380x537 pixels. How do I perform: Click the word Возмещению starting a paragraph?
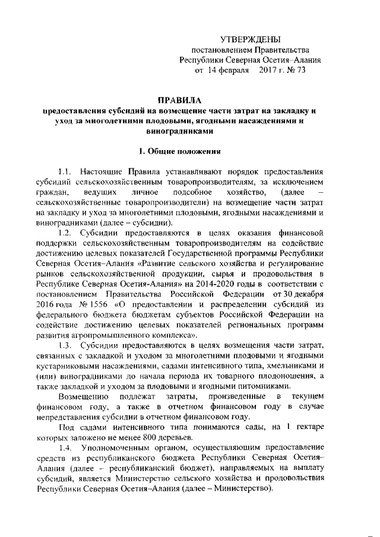coord(82,396)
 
